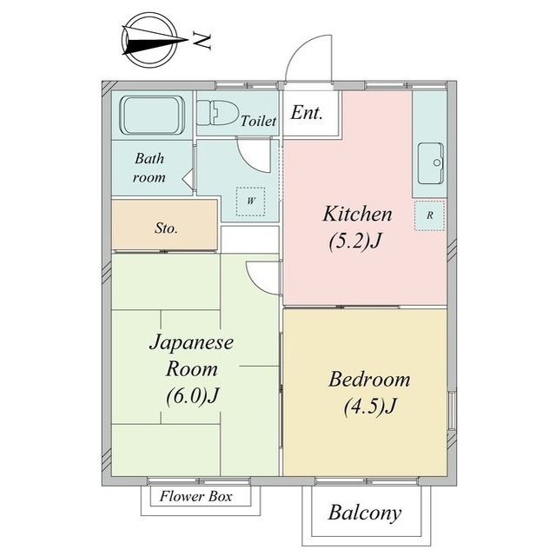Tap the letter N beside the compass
click(202, 41)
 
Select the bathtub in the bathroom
click(152, 116)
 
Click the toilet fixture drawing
click(216, 113)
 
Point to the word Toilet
click(259, 121)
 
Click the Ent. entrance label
click(307, 113)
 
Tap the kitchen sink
click(431, 163)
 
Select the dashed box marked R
click(429, 215)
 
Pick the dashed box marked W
click(251, 202)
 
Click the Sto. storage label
click(166, 228)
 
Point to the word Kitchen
click(357, 214)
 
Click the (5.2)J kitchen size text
click(355, 242)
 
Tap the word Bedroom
click(369, 379)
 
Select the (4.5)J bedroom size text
click(370, 406)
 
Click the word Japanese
click(191, 343)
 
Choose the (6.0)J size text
click(193, 395)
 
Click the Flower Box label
click(196, 496)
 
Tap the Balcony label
click(365, 513)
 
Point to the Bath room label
click(149, 168)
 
